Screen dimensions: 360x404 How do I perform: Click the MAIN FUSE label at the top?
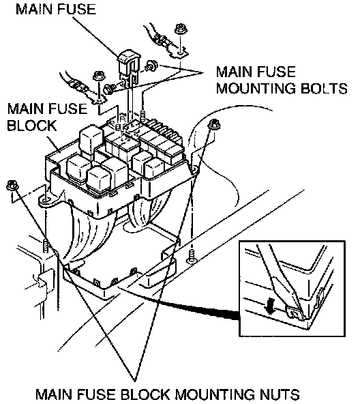pyautogui.click(x=56, y=10)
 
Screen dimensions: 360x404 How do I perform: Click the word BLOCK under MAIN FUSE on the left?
pyautogui.click(x=31, y=126)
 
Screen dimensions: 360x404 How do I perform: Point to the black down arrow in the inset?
pyautogui.click(x=269, y=306)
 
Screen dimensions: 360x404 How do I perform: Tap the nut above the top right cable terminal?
pyautogui.click(x=181, y=29)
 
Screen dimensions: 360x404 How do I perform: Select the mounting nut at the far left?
pyautogui.click(x=12, y=185)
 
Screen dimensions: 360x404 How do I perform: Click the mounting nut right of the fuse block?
pyautogui.click(x=213, y=124)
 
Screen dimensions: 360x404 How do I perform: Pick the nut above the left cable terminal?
pyautogui.click(x=98, y=76)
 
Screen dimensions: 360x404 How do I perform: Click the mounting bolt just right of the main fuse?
pyautogui.click(x=151, y=66)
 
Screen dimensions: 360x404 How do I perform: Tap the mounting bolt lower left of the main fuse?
pyautogui.click(x=109, y=89)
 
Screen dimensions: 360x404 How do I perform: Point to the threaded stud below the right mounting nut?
pyautogui.click(x=192, y=257)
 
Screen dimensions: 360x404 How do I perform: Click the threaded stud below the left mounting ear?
pyautogui.click(x=46, y=246)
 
